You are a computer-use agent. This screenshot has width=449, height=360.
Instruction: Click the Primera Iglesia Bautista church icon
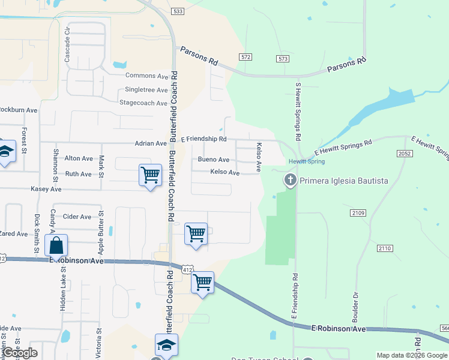(291, 180)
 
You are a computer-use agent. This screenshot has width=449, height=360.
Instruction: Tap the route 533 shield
(177, 11)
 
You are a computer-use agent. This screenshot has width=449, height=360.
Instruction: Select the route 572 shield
(244, 57)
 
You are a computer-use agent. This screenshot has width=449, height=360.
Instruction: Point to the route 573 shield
(283, 58)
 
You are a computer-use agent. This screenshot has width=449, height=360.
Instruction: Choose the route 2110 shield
(385, 248)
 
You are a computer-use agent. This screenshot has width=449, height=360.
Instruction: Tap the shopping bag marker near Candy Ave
(56, 245)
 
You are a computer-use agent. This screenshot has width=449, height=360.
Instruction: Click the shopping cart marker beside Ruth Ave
(150, 175)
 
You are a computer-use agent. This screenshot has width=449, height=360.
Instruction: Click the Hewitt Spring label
(306, 162)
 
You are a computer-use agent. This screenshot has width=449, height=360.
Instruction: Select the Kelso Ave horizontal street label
(225, 173)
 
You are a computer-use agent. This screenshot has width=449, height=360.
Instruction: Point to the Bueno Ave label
(214, 160)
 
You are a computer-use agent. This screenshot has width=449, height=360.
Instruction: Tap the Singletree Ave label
(146, 90)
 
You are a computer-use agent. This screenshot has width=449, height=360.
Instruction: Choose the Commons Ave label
(147, 76)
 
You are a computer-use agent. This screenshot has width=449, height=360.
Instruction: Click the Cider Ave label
(77, 217)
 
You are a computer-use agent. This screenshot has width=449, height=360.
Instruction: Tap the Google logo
(20, 353)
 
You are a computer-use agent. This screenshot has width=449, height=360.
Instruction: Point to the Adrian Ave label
(151, 144)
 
